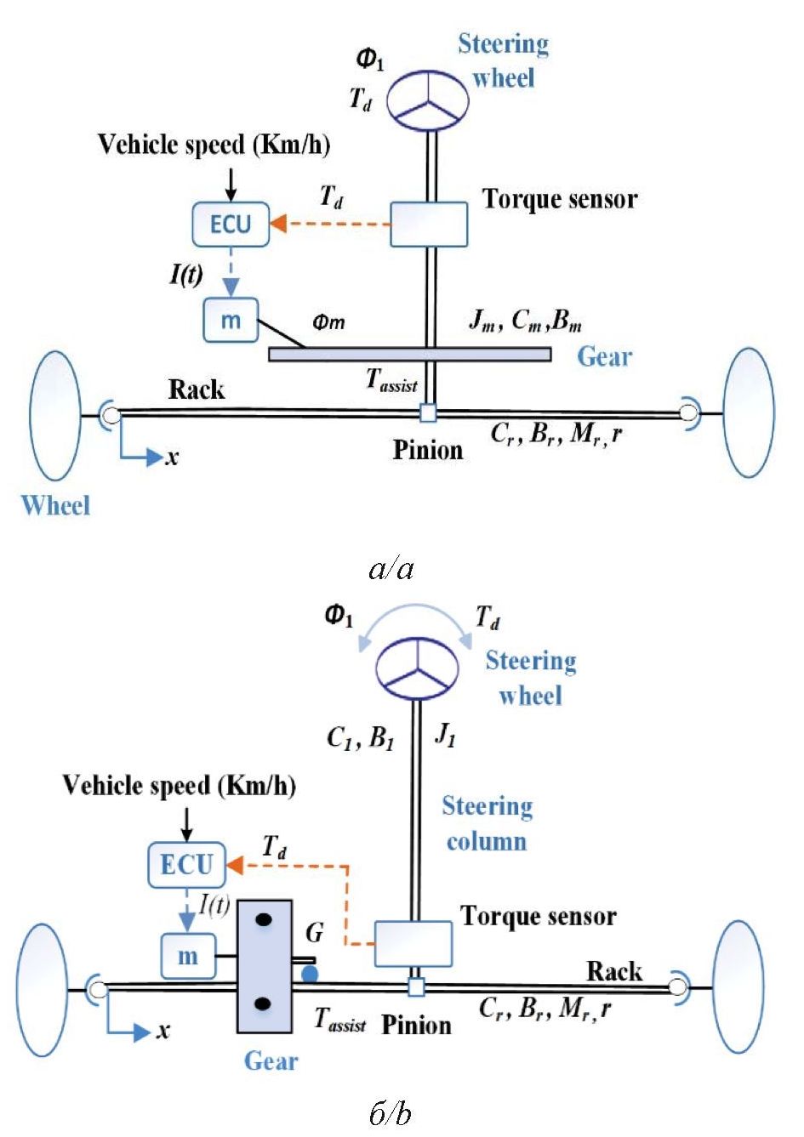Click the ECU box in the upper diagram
[x=231, y=224]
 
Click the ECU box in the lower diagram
[x=186, y=864]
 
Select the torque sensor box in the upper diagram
[x=429, y=225]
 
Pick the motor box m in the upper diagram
[x=231, y=321]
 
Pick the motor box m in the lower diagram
[x=188, y=956]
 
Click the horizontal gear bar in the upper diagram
[x=409, y=354]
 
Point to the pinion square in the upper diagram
[x=428, y=413]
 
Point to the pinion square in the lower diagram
[x=416, y=987]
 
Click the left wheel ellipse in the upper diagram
[x=54, y=413]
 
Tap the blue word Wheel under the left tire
[x=55, y=506]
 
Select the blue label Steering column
[x=487, y=823]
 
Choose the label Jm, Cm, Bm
[x=525, y=321]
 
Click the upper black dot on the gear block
[x=264, y=919]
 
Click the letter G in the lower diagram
[x=314, y=933]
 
